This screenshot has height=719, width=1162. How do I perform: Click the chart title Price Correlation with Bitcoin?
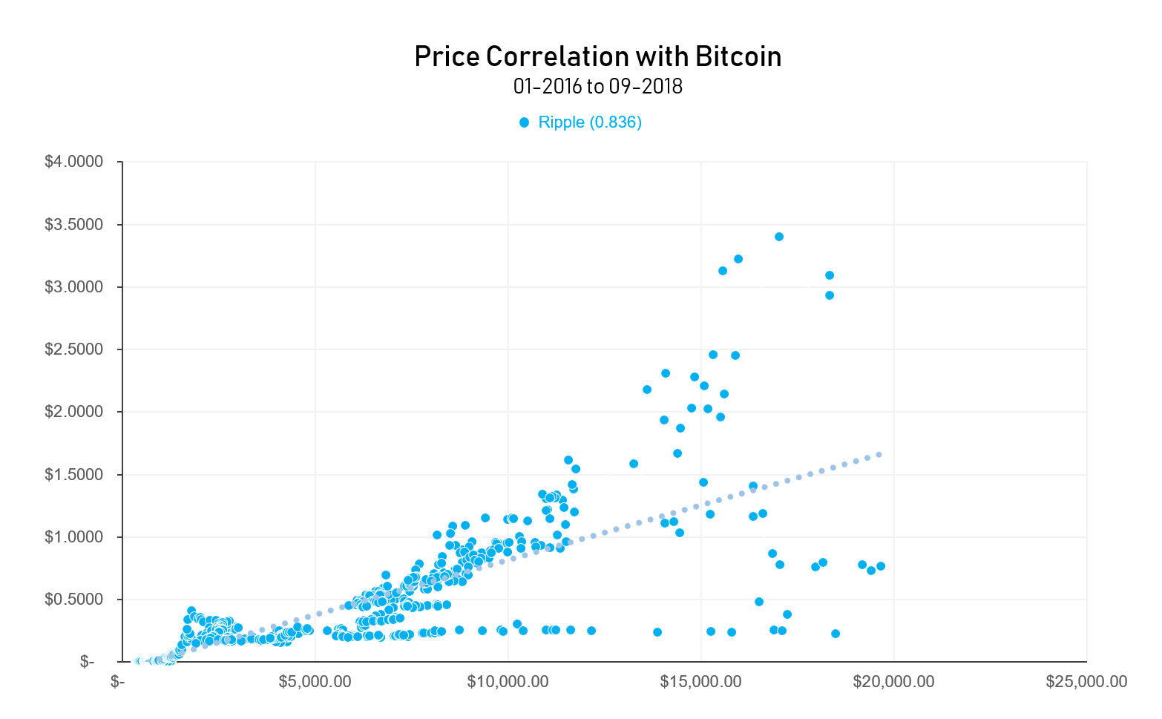pyautogui.click(x=597, y=57)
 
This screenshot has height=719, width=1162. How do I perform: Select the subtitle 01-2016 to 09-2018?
pyautogui.click(x=597, y=87)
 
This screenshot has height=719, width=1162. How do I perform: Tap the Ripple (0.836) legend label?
pyautogui.click(x=590, y=122)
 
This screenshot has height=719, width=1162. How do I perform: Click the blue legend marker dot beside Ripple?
pyautogui.click(x=525, y=122)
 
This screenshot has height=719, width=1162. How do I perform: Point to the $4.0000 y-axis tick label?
pyautogui.click(x=73, y=162)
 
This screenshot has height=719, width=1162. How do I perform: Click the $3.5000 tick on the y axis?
pyautogui.click(x=73, y=225)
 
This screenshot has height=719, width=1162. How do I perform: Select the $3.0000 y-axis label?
pyautogui.click(x=73, y=287)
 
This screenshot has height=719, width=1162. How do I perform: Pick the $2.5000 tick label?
pyautogui.click(x=73, y=349)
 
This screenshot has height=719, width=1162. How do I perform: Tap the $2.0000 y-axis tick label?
pyautogui.click(x=73, y=412)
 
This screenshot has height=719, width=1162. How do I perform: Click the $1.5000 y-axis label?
pyautogui.click(x=73, y=474)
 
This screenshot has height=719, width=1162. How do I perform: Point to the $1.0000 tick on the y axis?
pyautogui.click(x=73, y=536)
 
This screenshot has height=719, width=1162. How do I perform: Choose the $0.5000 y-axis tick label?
pyautogui.click(x=73, y=599)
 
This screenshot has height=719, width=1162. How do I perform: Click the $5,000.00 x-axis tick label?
pyautogui.click(x=315, y=681)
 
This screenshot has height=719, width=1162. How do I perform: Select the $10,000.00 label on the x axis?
pyautogui.click(x=508, y=681)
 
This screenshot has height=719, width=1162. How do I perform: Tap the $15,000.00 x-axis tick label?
pyautogui.click(x=700, y=681)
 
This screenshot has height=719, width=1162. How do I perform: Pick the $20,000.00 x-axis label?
pyautogui.click(x=893, y=681)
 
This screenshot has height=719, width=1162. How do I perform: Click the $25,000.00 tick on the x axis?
pyautogui.click(x=1086, y=681)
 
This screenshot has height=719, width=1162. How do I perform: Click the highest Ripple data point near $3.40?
pyautogui.click(x=779, y=237)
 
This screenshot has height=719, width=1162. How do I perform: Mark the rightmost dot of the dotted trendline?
pyautogui.click(x=879, y=455)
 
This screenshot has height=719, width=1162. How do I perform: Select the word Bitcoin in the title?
pyautogui.click(x=738, y=57)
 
